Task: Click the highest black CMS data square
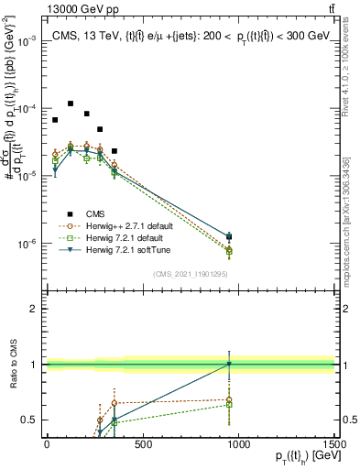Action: click(71, 104)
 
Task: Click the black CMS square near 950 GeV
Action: click(229, 237)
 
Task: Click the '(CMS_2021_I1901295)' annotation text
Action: click(190, 273)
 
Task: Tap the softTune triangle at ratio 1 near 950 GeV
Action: click(229, 365)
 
